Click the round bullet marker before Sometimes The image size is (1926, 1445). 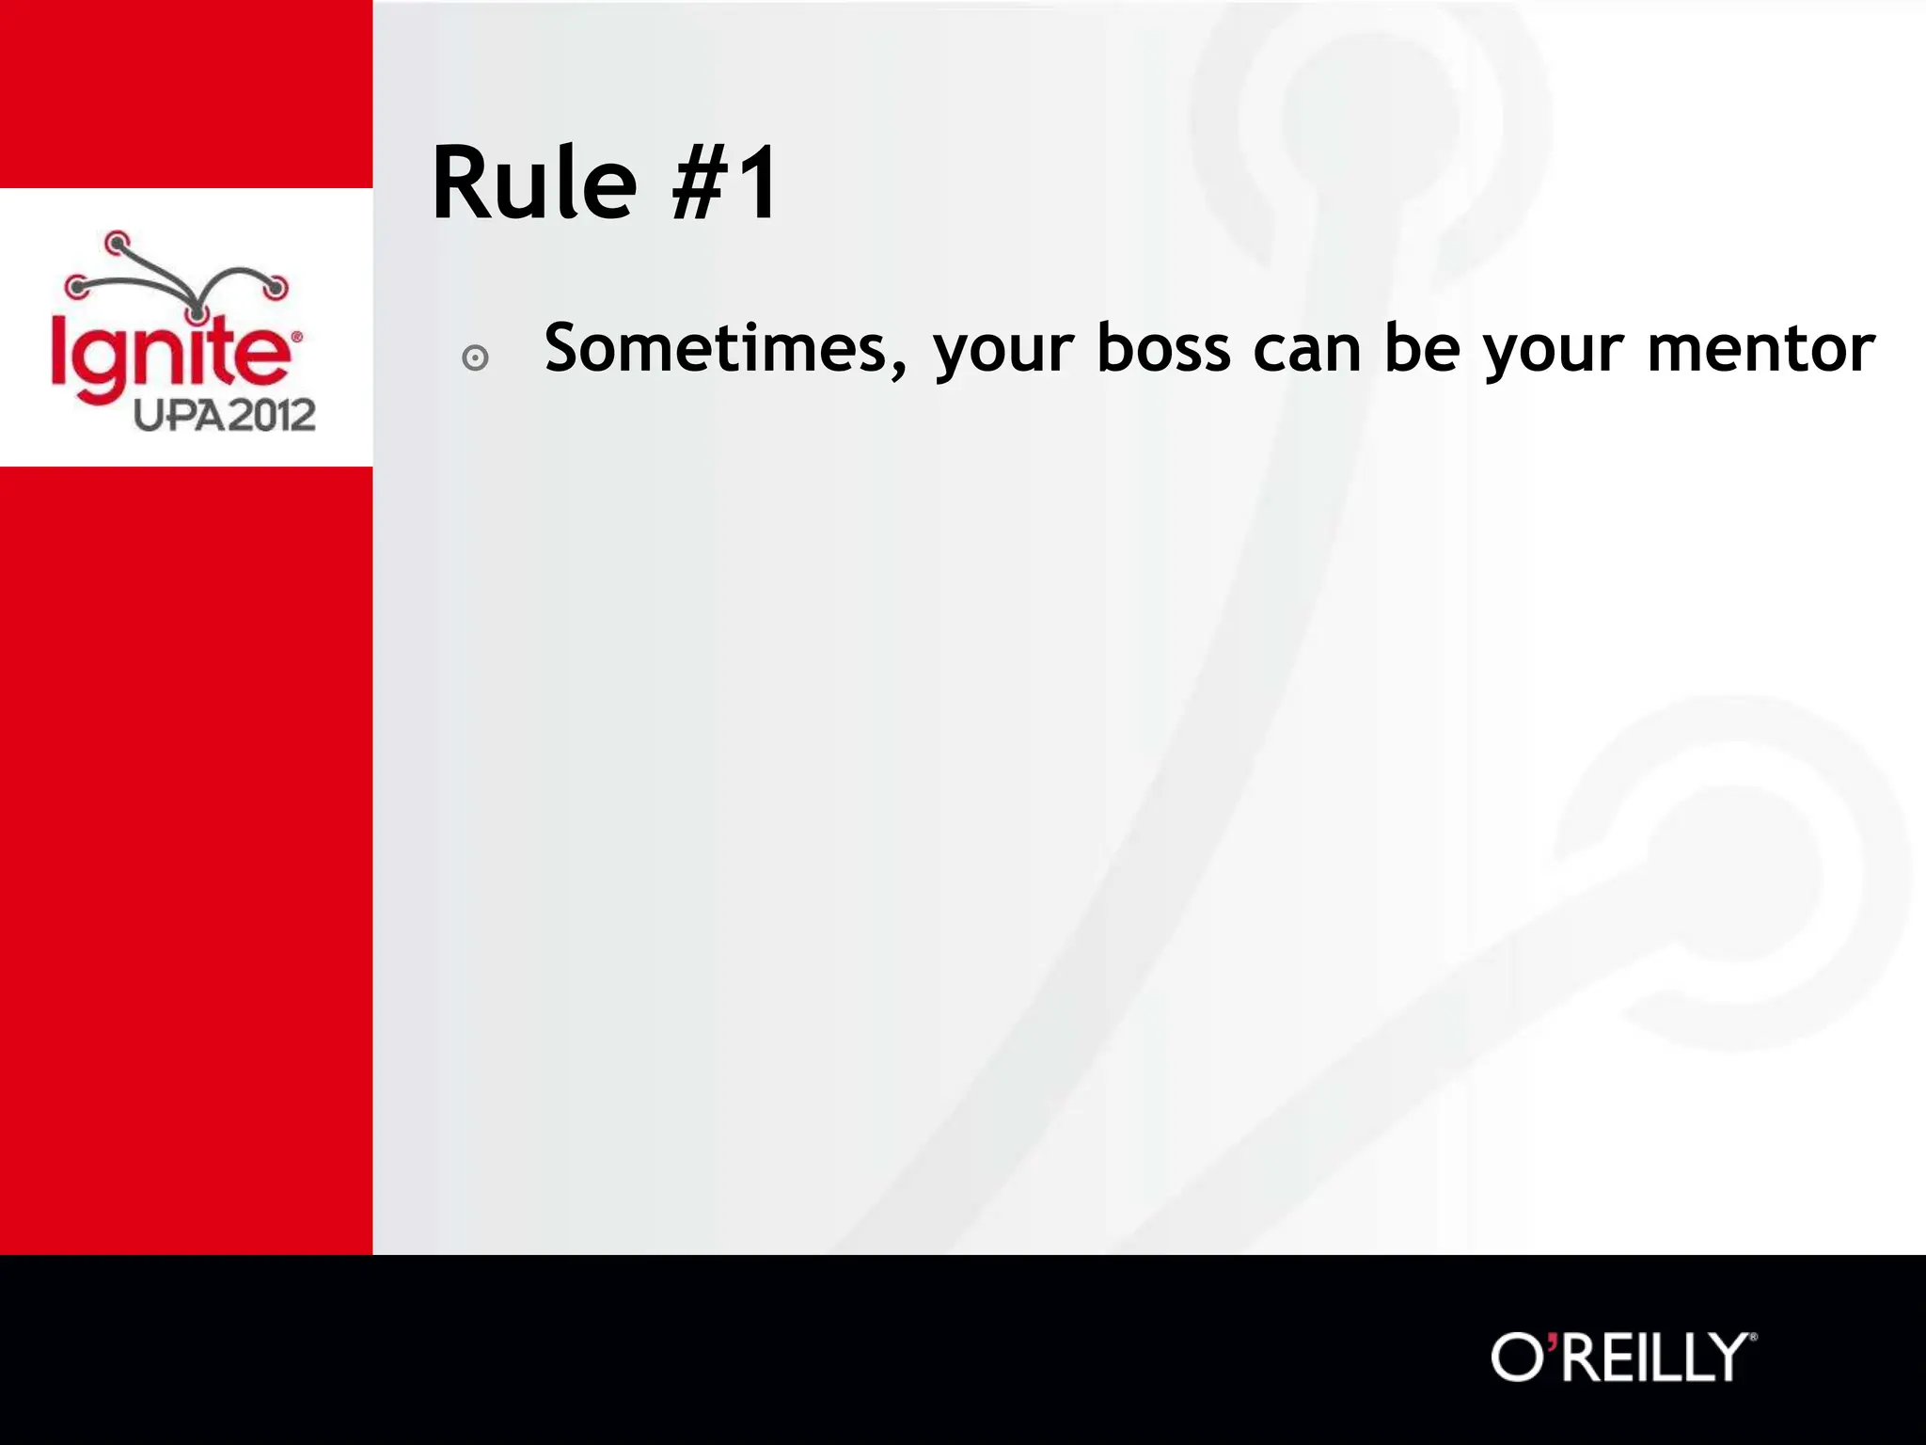click(x=476, y=358)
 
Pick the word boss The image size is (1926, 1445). click(x=1164, y=348)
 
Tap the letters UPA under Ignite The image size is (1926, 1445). click(x=180, y=415)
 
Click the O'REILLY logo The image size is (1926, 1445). click(x=1623, y=1357)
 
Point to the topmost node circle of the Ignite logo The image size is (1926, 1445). click(x=116, y=244)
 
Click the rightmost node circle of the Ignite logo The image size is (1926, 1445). click(x=276, y=287)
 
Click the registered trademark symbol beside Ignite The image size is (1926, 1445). click(x=297, y=336)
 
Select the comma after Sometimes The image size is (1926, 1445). click(x=898, y=371)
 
